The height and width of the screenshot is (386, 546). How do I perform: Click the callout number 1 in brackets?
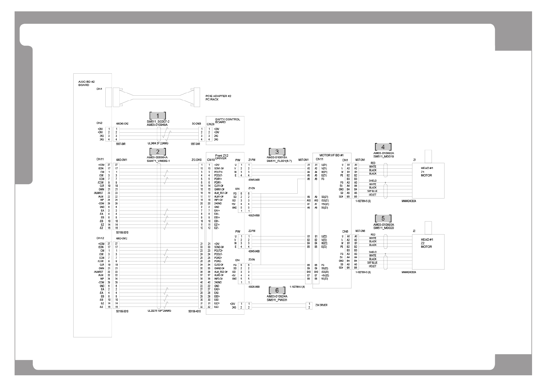(158, 116)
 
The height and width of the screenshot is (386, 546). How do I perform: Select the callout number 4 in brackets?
(383, 147)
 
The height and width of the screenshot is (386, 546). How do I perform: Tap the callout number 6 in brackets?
(277, 290)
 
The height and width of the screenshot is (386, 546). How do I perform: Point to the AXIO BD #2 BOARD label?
(84, 83)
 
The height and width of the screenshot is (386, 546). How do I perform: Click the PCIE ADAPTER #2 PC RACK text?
(218, 98)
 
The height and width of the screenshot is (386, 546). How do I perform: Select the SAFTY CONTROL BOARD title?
(228, 120)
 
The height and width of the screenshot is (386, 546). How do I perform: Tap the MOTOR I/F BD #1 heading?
(331, 155)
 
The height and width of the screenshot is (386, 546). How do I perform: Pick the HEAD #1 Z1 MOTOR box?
(428, 180)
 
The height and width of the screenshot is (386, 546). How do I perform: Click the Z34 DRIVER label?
(321, 305)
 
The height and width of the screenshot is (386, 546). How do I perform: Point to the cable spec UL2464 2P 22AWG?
(158, 143)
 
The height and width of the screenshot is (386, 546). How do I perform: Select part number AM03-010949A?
(157, 125)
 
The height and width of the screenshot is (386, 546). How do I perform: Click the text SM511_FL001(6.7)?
(279, 161)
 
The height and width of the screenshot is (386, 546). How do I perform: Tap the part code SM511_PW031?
(277, 300)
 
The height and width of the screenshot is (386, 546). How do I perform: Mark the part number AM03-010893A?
(383, 224)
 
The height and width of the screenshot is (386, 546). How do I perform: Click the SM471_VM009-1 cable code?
(158, 161)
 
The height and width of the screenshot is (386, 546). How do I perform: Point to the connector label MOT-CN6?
(360, 231)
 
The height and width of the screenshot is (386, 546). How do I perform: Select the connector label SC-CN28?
(196, 124)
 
